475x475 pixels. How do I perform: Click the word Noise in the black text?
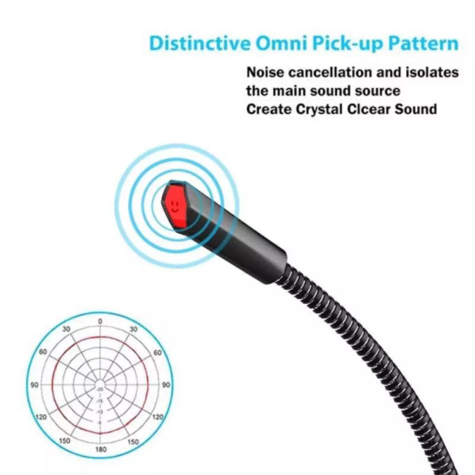pos(265,72)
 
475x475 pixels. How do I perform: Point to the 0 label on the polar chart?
pos(100,321)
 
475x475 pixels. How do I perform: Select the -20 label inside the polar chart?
pos(100,389)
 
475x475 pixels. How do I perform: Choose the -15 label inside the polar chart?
pos(100,400)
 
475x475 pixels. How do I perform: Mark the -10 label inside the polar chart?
pos(100,411)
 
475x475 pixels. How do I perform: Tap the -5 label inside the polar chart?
pos(100,422)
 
